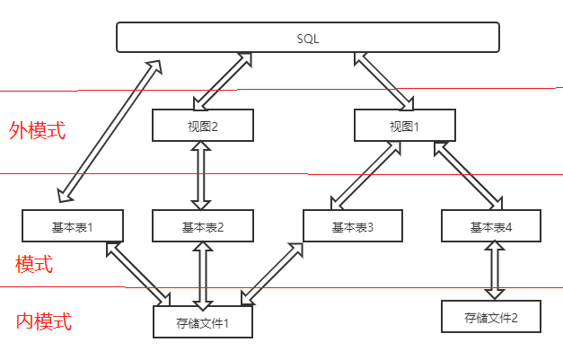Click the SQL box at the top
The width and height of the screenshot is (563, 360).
click(308, 38)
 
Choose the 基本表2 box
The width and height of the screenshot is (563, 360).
click(202, 227)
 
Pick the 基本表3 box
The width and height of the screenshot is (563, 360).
click(353, 227)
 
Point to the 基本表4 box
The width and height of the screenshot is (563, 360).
click(491, 227)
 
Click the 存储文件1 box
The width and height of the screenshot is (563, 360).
click(203, 321)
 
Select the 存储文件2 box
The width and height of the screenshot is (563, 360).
click(491, 317)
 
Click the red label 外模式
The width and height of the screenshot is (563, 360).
click(38, 130)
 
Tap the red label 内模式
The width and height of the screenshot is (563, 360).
click(44, 321)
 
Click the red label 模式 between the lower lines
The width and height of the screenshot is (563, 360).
click(34, 264)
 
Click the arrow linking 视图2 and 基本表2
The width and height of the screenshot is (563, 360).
click(202, 175)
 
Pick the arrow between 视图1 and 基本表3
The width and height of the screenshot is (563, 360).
click(365, 175)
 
